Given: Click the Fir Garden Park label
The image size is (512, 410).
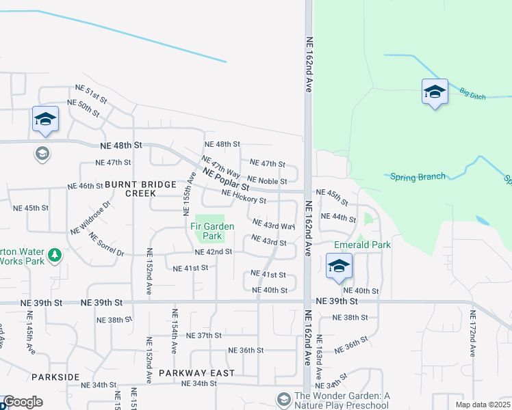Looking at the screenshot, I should pos(212,231).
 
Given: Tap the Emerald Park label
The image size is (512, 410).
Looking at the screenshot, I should pos(362,245).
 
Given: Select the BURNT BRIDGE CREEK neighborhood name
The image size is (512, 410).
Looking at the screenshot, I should pos(131,189).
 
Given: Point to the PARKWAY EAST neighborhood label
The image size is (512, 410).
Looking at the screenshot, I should pos(196,373).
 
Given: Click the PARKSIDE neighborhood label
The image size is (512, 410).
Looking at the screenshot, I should pos(55,377).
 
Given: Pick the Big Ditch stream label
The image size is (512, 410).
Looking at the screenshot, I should pos(472,94).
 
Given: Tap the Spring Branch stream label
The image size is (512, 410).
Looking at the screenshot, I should pos(418,177).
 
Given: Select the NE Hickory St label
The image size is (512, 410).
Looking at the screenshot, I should pos(244,196).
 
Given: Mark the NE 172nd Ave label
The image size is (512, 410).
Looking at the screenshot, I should pos(472,335).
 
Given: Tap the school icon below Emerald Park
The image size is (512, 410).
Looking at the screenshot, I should pos(338,266).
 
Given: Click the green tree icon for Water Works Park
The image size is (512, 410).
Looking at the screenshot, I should pos(53,256).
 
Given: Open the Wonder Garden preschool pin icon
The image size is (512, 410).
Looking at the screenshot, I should pos(283,398).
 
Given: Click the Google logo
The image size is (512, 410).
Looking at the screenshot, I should pos(23,402).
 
